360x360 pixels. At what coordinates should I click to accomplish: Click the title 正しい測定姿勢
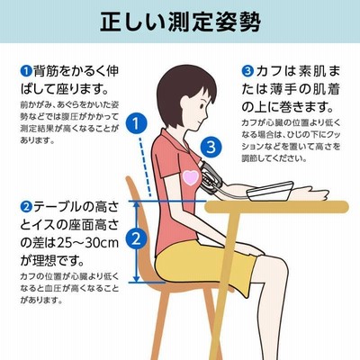[180, 22]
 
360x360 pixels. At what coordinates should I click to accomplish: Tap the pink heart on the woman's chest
[191, 177]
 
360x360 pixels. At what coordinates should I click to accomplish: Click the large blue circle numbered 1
[136, 123]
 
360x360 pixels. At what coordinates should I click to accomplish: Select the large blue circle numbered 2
[136, 239]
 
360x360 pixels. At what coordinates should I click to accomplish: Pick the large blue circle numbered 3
[211, 147]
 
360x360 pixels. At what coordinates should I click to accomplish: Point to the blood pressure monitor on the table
[269, 192]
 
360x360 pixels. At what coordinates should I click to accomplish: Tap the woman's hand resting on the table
[312, 193]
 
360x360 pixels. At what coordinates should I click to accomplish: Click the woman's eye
[202, 106]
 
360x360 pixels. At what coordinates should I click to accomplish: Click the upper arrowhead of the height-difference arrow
[137, 204]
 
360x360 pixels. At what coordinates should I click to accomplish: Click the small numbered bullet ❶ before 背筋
[26, 71]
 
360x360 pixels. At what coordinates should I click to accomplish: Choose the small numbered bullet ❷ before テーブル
[26, 207]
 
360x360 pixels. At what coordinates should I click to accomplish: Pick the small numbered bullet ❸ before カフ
[247, 71]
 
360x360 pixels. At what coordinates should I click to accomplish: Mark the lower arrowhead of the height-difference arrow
[137, 279]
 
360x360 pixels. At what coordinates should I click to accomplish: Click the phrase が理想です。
[52, 261]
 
